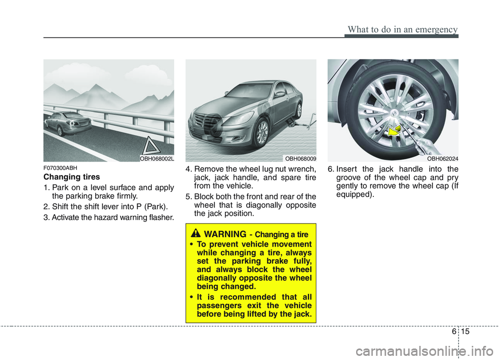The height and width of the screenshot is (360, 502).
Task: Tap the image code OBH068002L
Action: click(156, 157)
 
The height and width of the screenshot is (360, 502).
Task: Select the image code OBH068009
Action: click(300, 157)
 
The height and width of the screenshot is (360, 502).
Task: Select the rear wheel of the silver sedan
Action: click(298, 110)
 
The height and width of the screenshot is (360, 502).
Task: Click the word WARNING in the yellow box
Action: click(226, 234)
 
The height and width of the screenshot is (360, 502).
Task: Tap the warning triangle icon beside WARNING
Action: click(201, 233)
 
